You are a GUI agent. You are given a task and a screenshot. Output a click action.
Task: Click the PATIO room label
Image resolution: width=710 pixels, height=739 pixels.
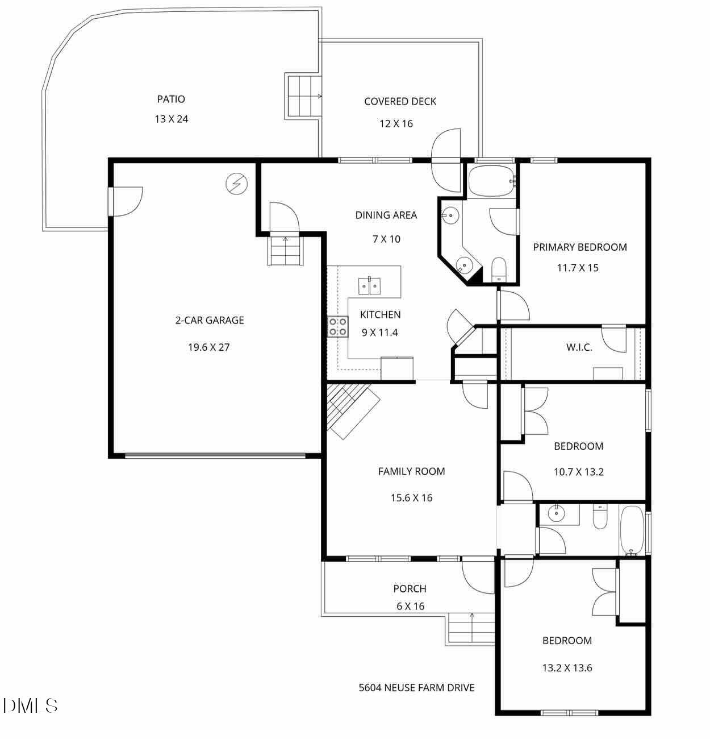point(171,99)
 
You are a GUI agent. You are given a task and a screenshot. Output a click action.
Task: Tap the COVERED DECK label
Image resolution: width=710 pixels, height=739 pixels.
point(400,101)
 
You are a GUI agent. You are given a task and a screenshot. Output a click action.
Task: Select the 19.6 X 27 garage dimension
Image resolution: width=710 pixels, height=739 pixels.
point(208,347)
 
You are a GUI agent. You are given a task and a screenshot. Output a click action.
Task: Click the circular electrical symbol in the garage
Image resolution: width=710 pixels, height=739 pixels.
point(237,184)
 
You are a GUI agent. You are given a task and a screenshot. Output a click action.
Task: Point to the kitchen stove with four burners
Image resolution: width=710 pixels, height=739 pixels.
point(338,326)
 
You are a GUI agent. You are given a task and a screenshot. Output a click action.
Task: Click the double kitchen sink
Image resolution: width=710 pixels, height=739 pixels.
point(369,285)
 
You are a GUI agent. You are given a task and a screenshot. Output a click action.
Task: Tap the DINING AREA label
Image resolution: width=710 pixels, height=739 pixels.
point(386,215)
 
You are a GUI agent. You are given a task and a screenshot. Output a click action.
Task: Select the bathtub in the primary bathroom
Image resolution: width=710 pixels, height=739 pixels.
point(491,181)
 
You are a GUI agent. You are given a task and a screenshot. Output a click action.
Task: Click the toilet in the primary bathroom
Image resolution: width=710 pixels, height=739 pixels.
point(499,269)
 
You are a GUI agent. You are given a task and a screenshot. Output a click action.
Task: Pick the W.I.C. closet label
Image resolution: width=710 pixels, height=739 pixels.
point(579,347)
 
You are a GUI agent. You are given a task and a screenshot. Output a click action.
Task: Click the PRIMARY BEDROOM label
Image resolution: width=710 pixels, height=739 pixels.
point(579,247)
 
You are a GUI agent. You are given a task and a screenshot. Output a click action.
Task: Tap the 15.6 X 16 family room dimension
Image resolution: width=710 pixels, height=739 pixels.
point(411,498)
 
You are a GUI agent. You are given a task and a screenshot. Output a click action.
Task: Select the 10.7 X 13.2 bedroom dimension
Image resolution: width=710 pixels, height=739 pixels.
point(578,472)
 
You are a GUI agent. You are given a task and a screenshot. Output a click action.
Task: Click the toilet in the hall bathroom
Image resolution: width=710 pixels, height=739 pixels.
point(600,517)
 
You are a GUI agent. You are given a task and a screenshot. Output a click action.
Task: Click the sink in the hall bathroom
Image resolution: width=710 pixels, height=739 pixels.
point(556,514)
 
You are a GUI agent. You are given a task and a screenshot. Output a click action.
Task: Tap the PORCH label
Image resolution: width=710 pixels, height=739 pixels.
point(410,589)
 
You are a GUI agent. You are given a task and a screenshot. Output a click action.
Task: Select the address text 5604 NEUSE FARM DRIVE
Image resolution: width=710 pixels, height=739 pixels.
point(416,688)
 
